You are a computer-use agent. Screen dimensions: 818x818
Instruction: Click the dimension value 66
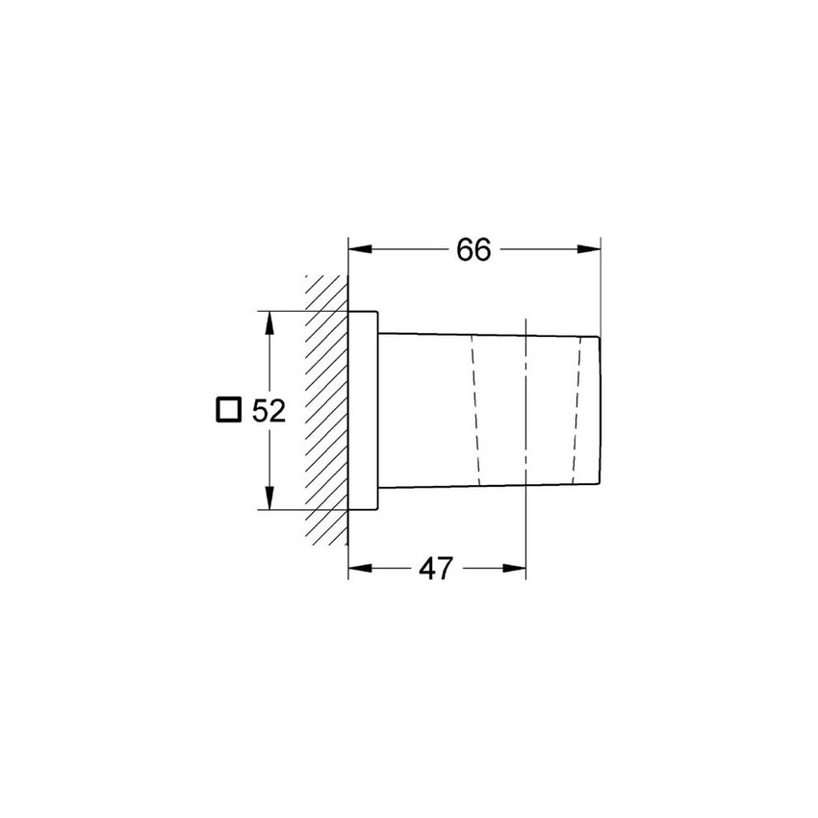pyautogui.click(x=473, y=249)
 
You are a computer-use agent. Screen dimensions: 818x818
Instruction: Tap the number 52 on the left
pyautogui.click(x=269, y=411)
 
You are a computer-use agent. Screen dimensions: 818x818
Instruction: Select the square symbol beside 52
pyautogui.click(x=227, y=410)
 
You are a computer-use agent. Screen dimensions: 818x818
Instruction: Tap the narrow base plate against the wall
pyautogui.click(x=363, y=410)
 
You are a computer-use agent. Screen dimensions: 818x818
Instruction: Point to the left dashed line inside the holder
pyautogui.click(x=473, y=410)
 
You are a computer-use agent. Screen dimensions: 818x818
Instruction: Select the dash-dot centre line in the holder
pyautogui.click(x=526, y=423)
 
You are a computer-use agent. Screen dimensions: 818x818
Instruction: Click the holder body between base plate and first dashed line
pyautogui.click(x=423, y=410)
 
